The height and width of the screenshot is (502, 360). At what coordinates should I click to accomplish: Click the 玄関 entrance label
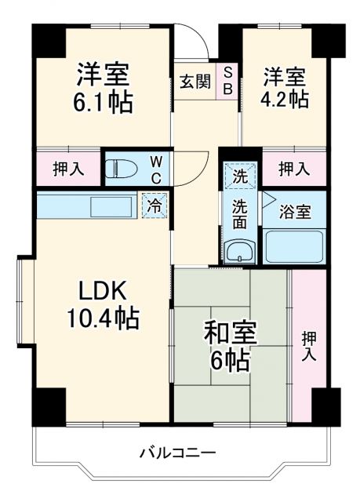193,82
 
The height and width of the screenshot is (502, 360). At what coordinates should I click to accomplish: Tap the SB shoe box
227,80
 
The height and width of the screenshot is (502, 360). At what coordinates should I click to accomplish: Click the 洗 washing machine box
239,176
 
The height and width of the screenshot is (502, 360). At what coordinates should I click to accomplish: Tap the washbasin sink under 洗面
238,252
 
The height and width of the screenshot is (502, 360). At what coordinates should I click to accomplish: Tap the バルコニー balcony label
176,452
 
